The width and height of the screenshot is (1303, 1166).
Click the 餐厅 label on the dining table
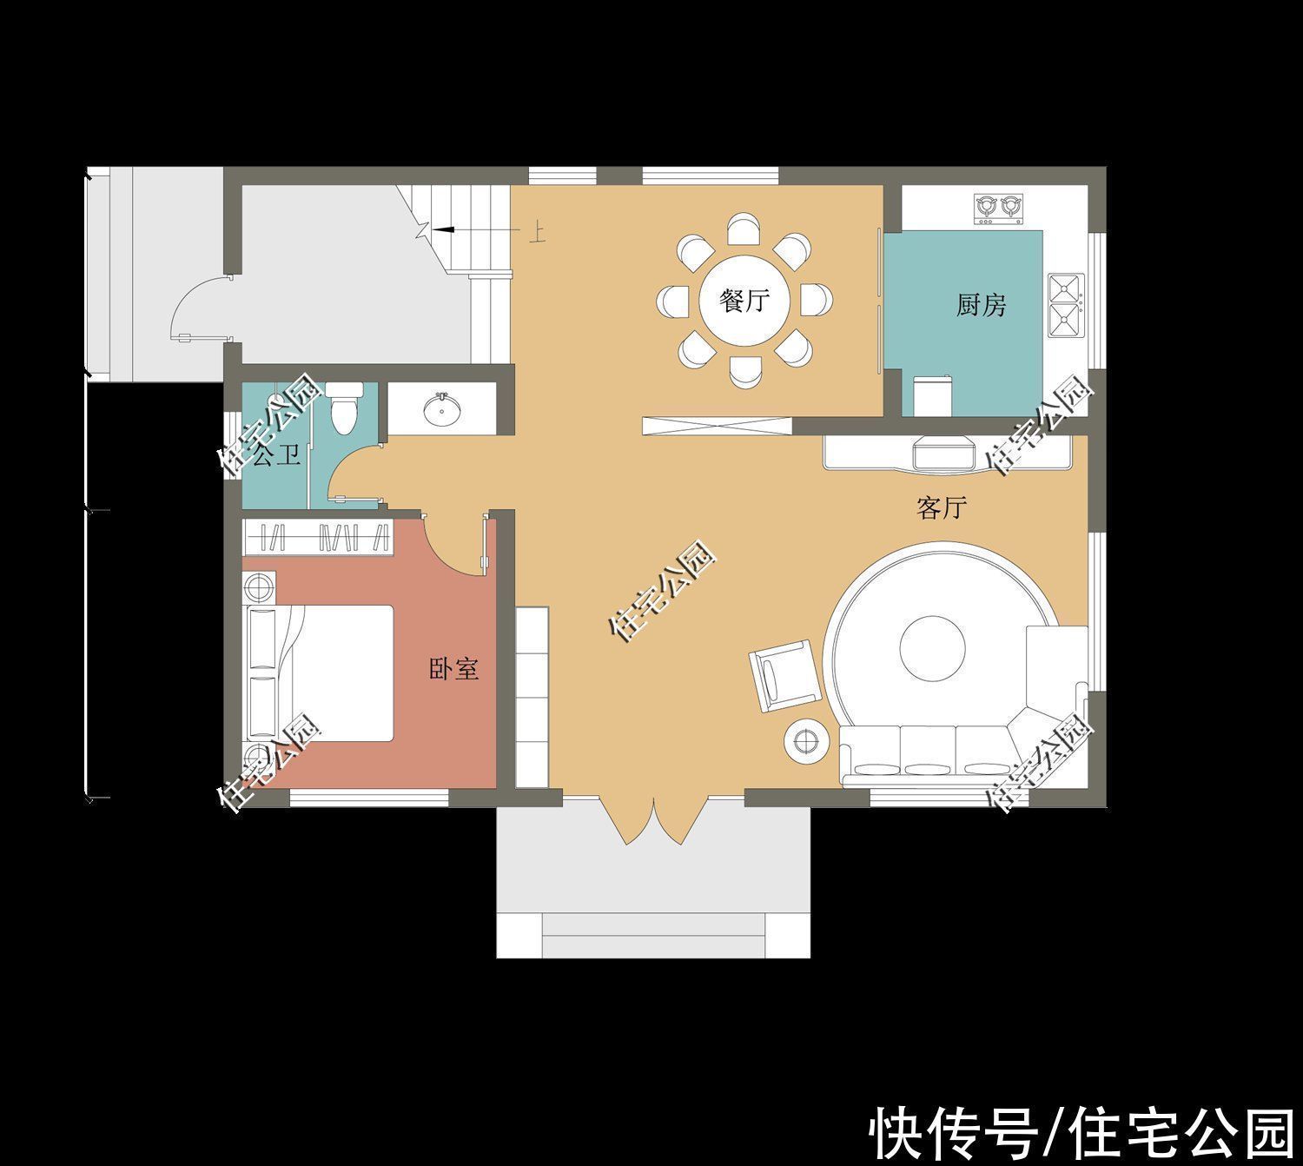(745, 302)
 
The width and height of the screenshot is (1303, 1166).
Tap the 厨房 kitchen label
(982, 306)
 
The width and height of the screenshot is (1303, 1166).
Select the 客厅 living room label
(942, 508)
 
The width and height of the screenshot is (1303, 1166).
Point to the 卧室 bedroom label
(453, 669)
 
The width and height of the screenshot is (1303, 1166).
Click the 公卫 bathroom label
(276, 455)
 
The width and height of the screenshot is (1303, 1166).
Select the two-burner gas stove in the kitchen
(997, 209)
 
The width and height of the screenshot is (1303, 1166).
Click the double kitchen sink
(1066, 305)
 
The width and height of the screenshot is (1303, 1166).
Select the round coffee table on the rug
(932, 649)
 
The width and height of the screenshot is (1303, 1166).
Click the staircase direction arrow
(442, 229)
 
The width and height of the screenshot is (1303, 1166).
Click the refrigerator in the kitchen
(932, 396)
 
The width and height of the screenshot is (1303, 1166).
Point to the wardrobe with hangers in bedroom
(317, 537)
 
